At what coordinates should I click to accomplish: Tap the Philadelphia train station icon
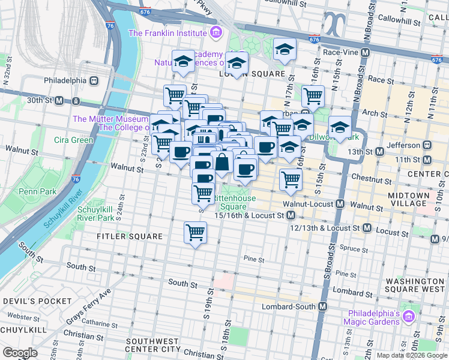(x=94, y=80)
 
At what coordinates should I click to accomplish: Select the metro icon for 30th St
(x=59, y=100)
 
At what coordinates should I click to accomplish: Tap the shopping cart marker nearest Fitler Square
(x=195, y=232)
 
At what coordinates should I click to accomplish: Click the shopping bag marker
(x=222, y=162)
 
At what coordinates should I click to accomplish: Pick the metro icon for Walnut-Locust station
(x=340, y=204)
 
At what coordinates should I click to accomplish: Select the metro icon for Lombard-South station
(x=323, y=306)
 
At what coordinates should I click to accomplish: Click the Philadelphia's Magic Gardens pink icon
(x=409, y=316)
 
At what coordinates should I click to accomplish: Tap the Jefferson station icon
(x=427, y=145)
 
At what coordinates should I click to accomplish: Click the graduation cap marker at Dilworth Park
(x=340, y=127)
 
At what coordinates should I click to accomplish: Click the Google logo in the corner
(x=20, y=353)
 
